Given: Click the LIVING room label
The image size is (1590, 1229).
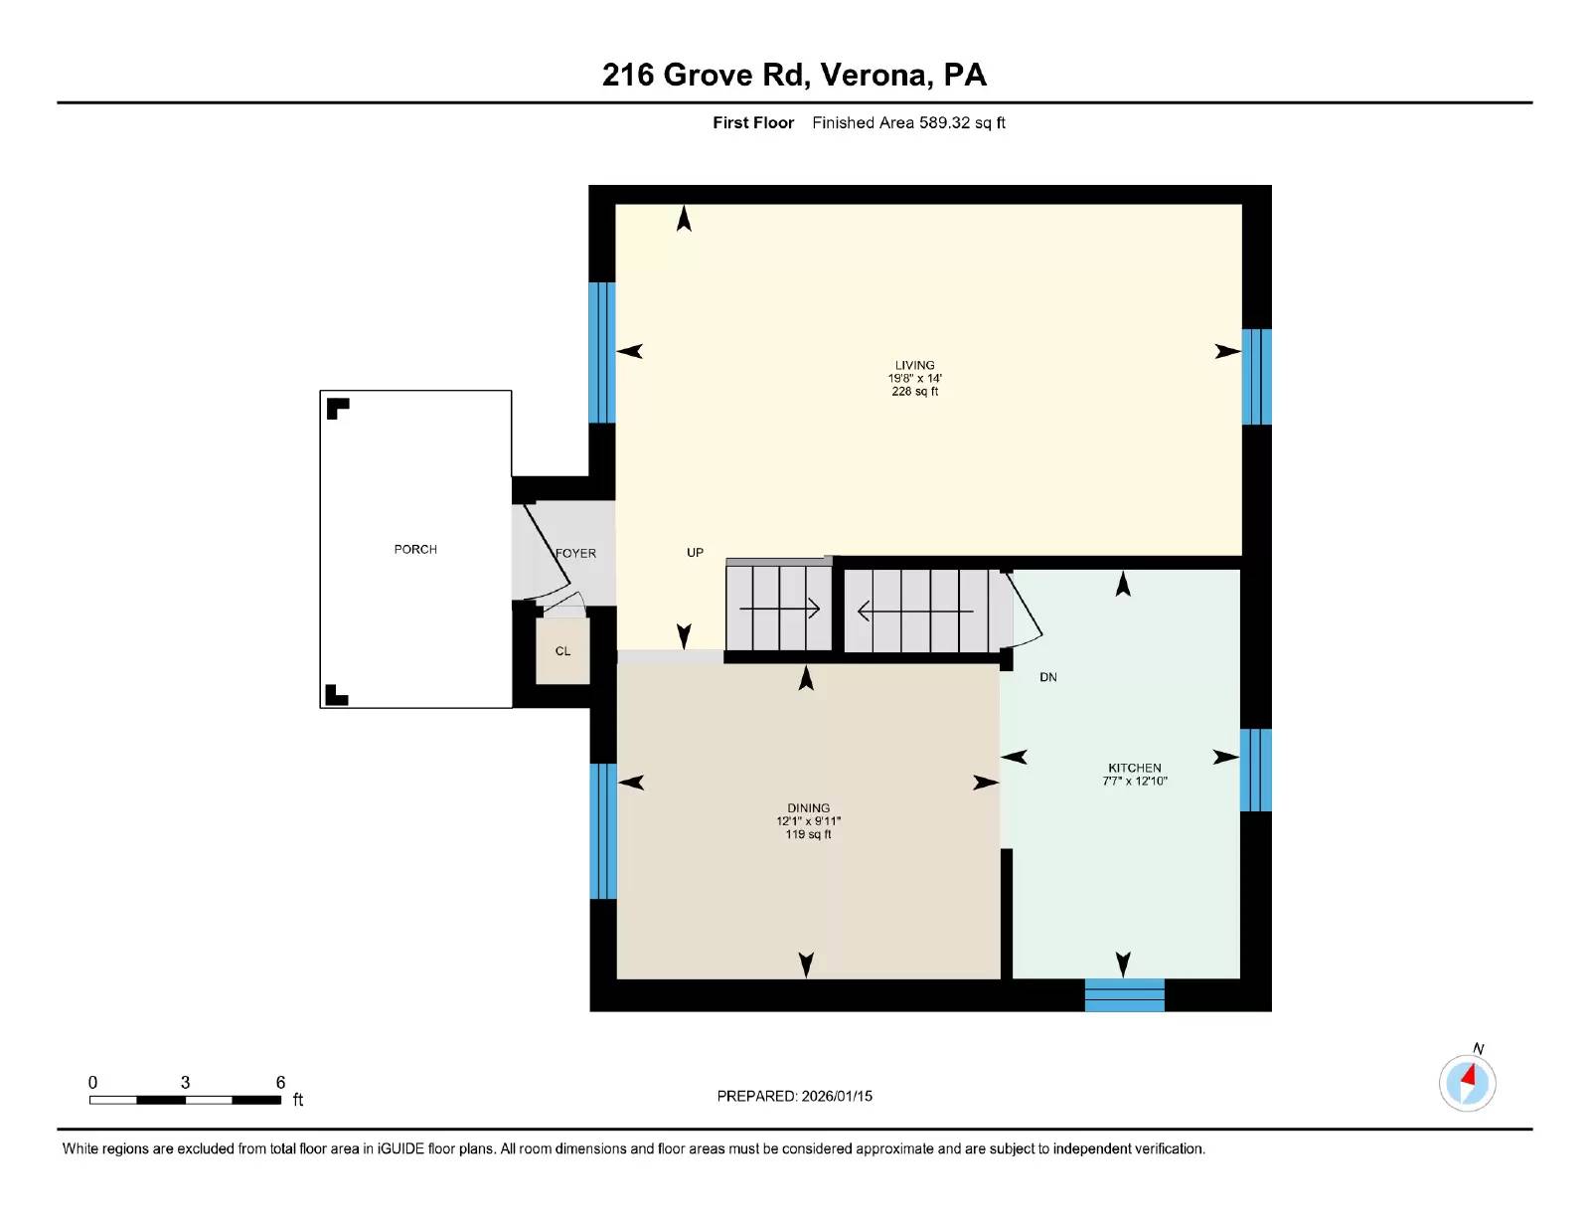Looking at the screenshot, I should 914,365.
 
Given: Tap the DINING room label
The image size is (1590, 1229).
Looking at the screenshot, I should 808,808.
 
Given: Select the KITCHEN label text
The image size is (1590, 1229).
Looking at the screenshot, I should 1134,768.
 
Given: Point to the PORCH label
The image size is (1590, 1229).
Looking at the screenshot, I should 415,549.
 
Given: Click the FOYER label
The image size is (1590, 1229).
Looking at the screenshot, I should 576,553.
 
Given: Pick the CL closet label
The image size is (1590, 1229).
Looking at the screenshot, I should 562,651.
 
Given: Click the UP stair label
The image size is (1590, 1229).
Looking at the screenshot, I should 695,552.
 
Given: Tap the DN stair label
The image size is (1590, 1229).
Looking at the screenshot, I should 1047,677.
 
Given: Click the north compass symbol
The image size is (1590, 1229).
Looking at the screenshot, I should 1467,1082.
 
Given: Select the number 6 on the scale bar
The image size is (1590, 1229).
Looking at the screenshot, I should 280,1082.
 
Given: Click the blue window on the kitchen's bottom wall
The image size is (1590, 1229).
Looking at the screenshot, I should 1124,994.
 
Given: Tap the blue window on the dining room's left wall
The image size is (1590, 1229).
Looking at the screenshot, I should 602,830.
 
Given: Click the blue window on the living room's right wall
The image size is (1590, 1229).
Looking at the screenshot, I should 1256,376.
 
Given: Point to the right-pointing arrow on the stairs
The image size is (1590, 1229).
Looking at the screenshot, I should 780,608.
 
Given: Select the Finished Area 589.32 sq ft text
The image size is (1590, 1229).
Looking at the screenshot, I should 908,122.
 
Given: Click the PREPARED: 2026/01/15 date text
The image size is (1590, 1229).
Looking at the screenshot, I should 794,1096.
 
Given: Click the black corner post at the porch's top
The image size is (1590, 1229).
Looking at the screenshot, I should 337,407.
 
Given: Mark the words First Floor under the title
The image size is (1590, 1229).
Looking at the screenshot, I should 752,122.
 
